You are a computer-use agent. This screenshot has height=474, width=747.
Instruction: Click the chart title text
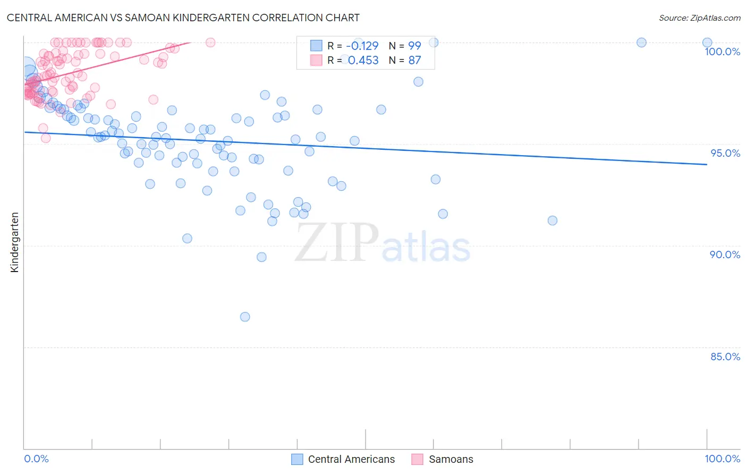tap(183, 18)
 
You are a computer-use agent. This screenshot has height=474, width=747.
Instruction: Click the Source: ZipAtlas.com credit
tap(699, 18)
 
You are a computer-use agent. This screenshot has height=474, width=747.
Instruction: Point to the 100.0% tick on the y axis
tap(722, 52)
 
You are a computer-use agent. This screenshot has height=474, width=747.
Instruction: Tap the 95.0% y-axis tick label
tap(725, 153)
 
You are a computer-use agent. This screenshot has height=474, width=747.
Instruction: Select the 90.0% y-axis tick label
tap(725, 255)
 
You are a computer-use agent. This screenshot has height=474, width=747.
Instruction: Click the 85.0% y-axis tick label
tap(725, 357)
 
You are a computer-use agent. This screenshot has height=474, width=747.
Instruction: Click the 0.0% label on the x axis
tap(36, 459)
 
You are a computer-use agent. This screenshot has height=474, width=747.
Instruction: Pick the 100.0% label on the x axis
tap(722, 459)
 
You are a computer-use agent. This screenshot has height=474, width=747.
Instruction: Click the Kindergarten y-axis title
tap(14, 242)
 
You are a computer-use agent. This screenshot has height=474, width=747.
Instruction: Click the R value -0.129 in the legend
tap(362, 46)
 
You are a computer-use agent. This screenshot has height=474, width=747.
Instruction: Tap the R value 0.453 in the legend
tap(363, 61)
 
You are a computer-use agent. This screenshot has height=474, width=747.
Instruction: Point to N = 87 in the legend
tap(405, 61)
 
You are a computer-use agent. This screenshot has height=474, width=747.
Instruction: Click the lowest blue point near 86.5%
tap(245, 317)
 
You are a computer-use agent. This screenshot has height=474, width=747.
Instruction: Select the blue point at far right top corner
tap(707, 43)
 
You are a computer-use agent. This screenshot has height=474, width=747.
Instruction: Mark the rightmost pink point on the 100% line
tap(210, 43)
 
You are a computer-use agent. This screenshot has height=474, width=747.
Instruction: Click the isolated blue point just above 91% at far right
tap(553, 221)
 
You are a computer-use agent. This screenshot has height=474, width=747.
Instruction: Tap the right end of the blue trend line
tap(707, 165)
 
